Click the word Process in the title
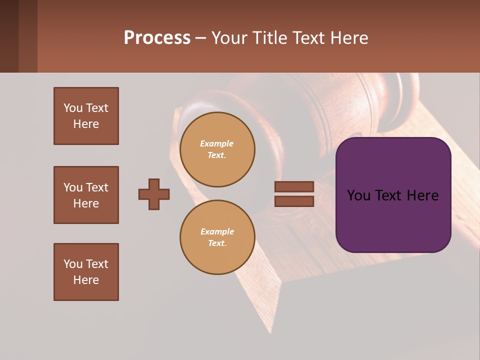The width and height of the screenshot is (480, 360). point(157,38)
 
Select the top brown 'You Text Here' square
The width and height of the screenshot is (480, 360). point(86,116)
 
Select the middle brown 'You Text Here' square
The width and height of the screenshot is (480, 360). point(86,195)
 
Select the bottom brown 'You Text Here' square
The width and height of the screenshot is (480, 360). point(86,272)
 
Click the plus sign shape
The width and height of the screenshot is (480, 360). point(154,194)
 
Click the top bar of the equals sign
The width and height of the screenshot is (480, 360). point(294,186)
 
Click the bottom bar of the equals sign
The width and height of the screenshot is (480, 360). point(294,201)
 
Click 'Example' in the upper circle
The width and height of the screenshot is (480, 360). point(216,143)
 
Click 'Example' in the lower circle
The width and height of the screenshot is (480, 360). point(216,231)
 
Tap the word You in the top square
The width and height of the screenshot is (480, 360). point(73,108)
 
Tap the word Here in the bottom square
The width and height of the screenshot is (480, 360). point(86,280)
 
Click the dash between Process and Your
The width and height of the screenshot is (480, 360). point(200,38)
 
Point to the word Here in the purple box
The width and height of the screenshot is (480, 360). point(422,195)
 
